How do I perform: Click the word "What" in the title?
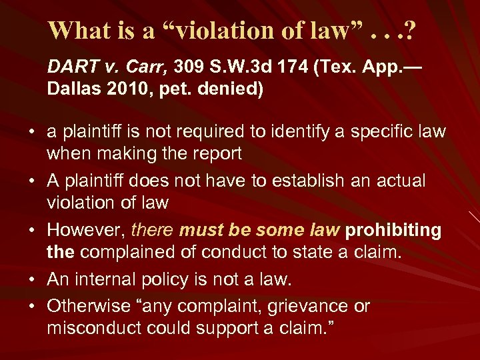(77, 31)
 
